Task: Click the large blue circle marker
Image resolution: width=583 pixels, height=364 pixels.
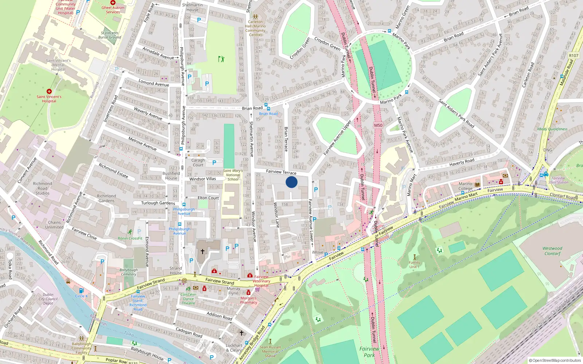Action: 291,182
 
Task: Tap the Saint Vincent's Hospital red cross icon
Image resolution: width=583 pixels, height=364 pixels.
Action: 49,91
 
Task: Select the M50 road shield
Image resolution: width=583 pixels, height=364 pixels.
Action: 378,125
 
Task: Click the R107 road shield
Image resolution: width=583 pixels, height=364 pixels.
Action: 574,56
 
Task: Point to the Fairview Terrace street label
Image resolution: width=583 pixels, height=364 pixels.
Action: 281,172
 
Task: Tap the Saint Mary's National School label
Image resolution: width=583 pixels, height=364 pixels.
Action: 233,175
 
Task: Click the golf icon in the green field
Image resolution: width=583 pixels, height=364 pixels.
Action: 221,59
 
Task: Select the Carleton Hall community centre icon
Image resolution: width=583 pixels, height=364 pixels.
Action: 255,17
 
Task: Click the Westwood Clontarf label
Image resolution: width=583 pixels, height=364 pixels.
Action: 552,251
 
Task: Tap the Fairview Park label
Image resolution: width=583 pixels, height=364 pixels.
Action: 369,352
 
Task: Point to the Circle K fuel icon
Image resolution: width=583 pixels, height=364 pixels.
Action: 81,290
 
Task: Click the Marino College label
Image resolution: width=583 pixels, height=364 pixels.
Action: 465,186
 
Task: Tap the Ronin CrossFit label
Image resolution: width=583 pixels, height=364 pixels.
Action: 130,238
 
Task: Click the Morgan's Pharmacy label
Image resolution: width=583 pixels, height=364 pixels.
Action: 249,300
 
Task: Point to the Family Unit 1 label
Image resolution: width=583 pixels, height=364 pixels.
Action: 414,264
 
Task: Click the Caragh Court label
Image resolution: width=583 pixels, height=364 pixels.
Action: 198,162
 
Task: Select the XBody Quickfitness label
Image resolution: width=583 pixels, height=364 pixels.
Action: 552,129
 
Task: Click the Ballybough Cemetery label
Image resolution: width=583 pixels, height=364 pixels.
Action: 129,272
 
